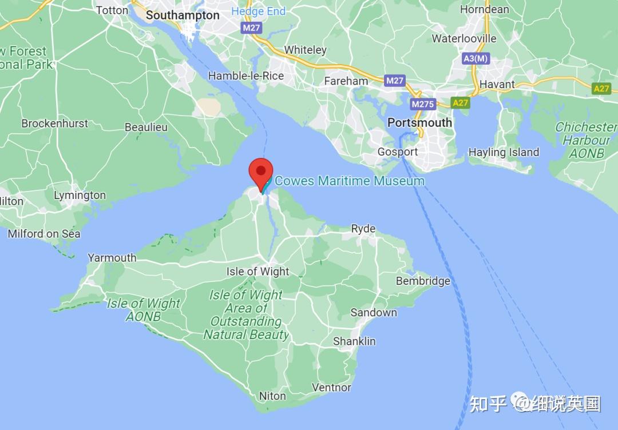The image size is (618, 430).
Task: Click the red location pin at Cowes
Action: click(261, 171)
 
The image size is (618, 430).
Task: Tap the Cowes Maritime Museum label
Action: click(350, 181)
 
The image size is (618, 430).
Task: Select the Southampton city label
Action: click(183, 15)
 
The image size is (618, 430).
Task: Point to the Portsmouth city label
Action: click(419, 123)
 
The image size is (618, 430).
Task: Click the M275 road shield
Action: click(423, 104)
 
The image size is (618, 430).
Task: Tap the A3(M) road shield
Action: click(476, 58)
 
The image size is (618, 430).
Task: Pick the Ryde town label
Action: click(363, 229)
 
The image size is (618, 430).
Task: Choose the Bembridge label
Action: click(423, 281)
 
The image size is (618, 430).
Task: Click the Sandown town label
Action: click(374, 312)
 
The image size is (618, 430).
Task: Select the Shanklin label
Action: click(355, 341)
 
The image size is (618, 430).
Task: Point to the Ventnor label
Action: click(331, 387)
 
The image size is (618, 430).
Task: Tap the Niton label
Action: click(272, 396)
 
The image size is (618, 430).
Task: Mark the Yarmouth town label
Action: click(112, 258)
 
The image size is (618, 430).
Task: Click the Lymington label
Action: click(80, 196)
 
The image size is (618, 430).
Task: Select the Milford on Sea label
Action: click(44, 233)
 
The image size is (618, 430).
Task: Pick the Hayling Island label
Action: click(504, 152)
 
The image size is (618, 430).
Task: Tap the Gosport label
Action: click(398, 152)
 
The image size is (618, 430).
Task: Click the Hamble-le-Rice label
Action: click(245, 76)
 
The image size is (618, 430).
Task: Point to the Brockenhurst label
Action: click(55, 124)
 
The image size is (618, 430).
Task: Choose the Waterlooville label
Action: click(464, 39)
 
